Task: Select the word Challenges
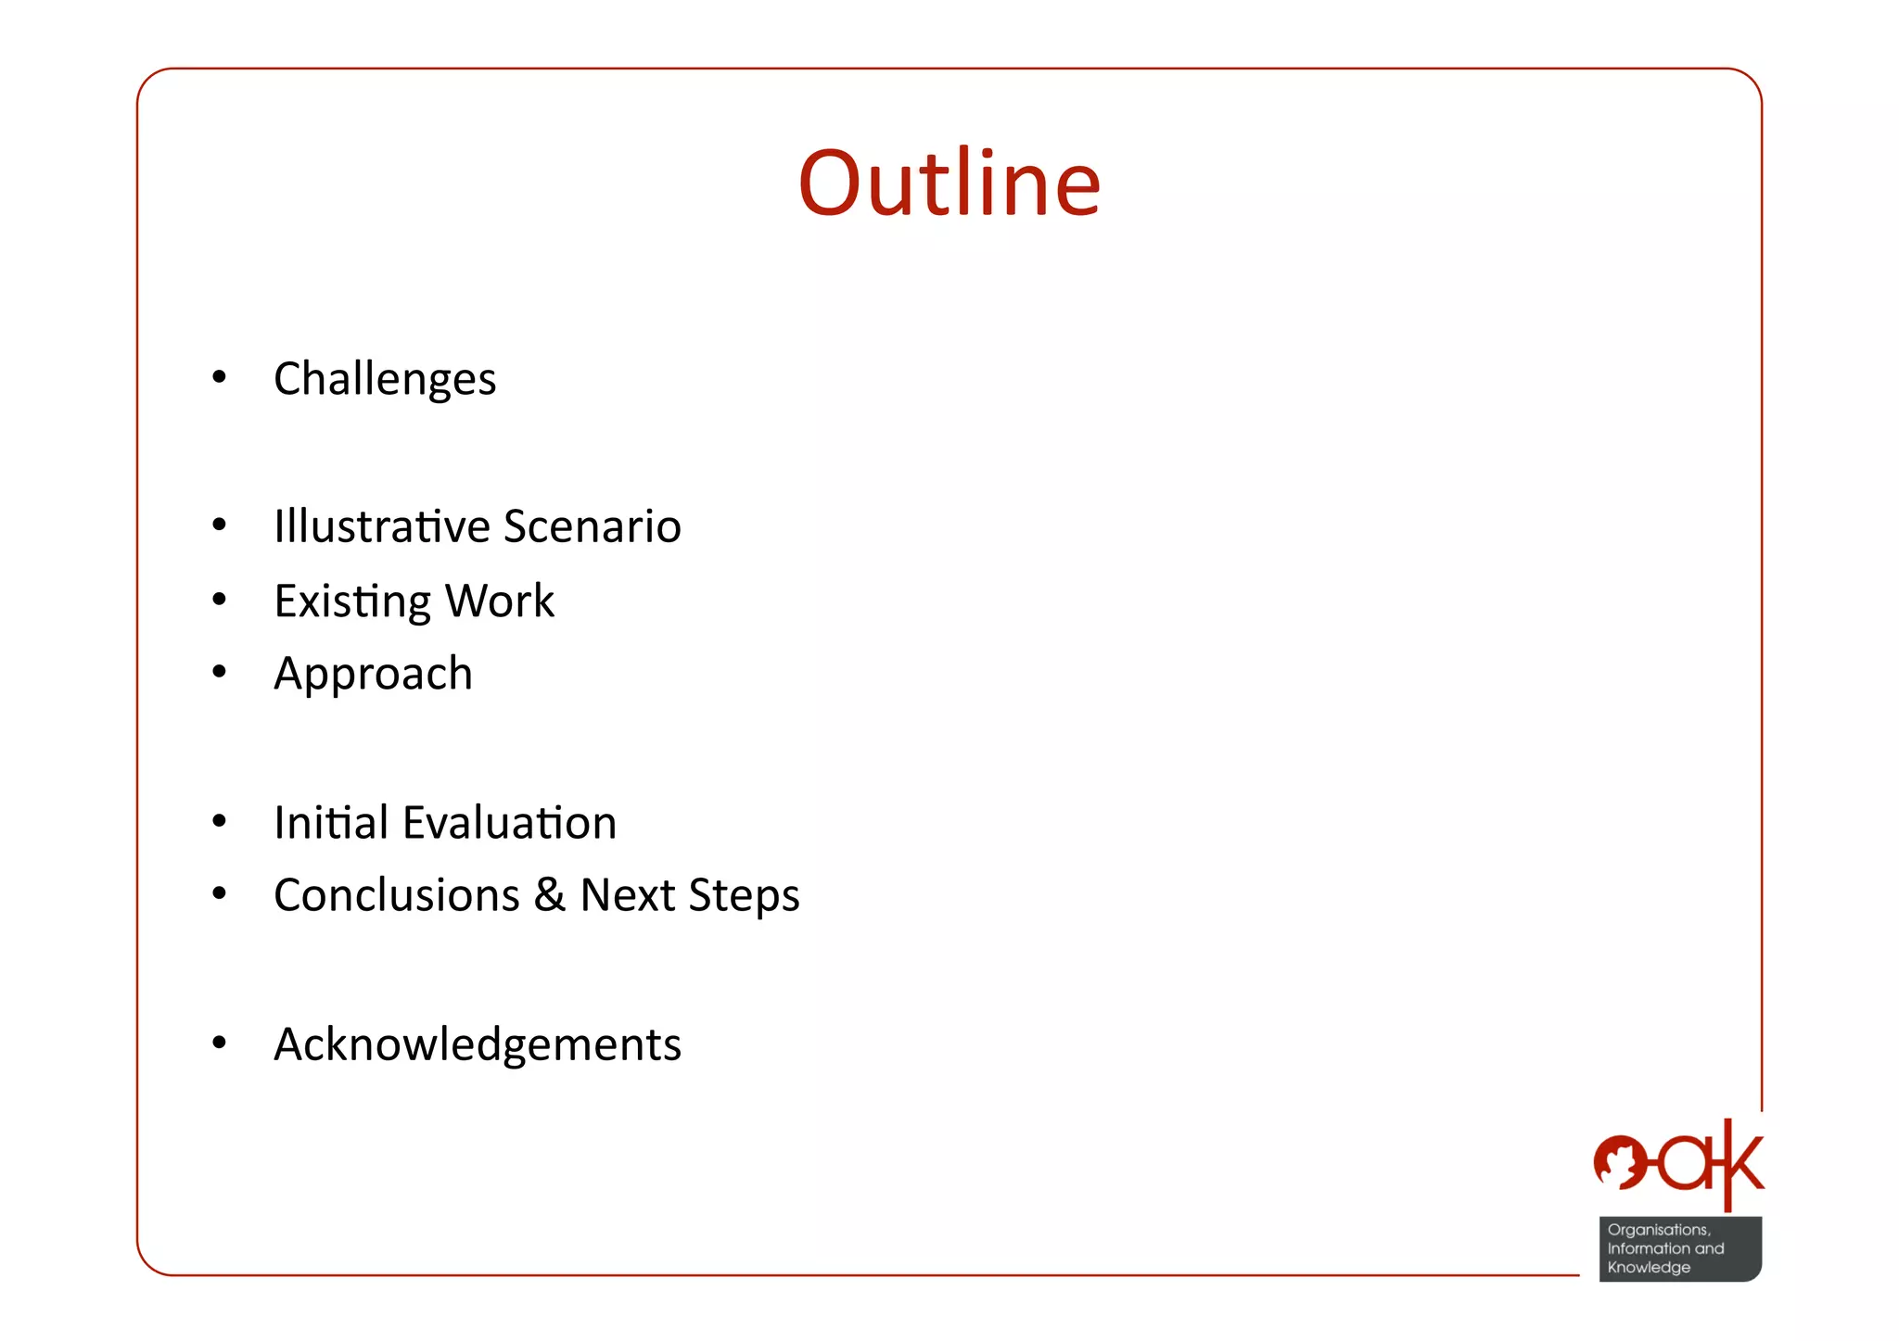[x=385, y=379]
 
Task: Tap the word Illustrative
[x=381, y=526]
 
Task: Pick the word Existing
[x=352, y=601]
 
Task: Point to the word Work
[x=500, y=601]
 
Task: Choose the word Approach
[x=373, y=674]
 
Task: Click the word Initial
[x=331, y=822]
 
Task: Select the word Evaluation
[x=510, y=822]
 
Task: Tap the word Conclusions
[x=397, y=895]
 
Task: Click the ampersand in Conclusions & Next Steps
[x=550, y=895]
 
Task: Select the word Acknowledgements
[x=478, y=1044]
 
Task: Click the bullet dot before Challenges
[x=219, y=377]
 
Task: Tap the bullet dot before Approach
[x=219, y=672]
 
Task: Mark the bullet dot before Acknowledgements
[x=219, y=1044]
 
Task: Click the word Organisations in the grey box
[x=1658, y=1230]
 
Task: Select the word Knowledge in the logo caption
[x=1649, y=1268]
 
